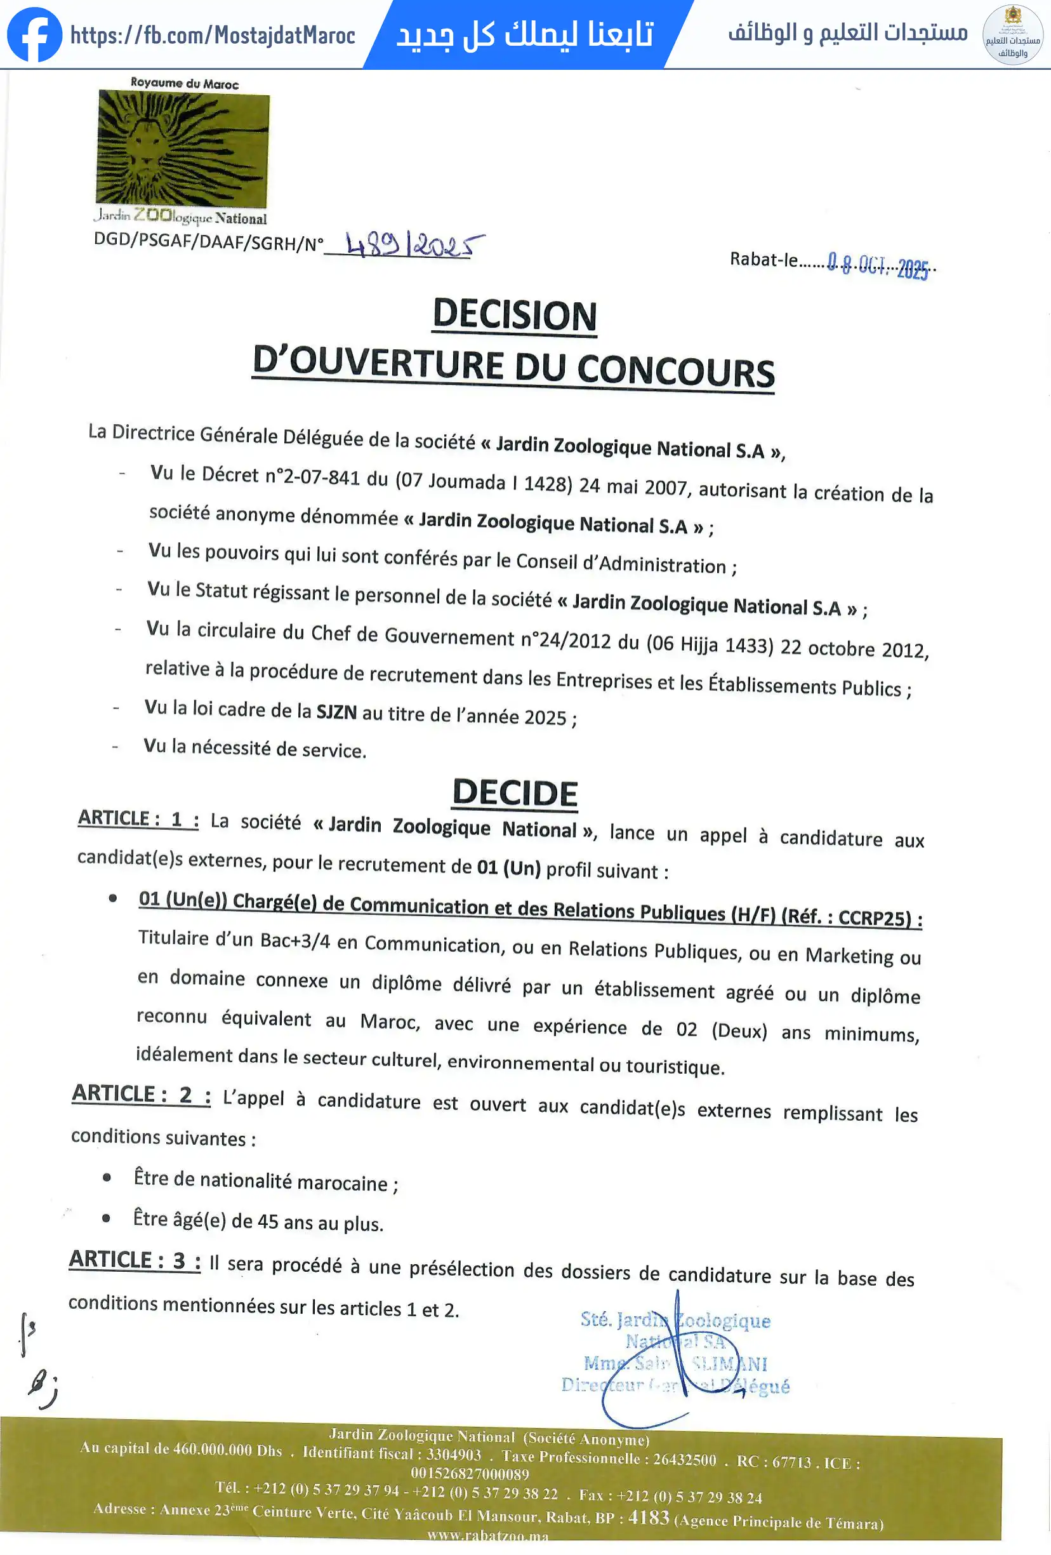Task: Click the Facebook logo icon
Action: click(34, 35)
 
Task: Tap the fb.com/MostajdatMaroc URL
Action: click(213, 35)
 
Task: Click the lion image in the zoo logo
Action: click(183, 149)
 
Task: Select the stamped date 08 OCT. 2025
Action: click(877, 265)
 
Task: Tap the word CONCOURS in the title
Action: click(676, 371)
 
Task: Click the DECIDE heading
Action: click(515, 794)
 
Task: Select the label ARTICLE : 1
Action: click(138, 819)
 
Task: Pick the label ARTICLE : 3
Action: click(135, 1260)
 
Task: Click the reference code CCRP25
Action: click(875, 918)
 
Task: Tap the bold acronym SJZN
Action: click(336, 712)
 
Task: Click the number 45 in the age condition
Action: click(268, 1221)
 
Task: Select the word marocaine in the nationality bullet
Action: click(342, 1183)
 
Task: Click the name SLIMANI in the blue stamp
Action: click(729, 1364)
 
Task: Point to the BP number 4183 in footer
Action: click(648, 1518)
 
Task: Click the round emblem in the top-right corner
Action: click(1012, 35)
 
